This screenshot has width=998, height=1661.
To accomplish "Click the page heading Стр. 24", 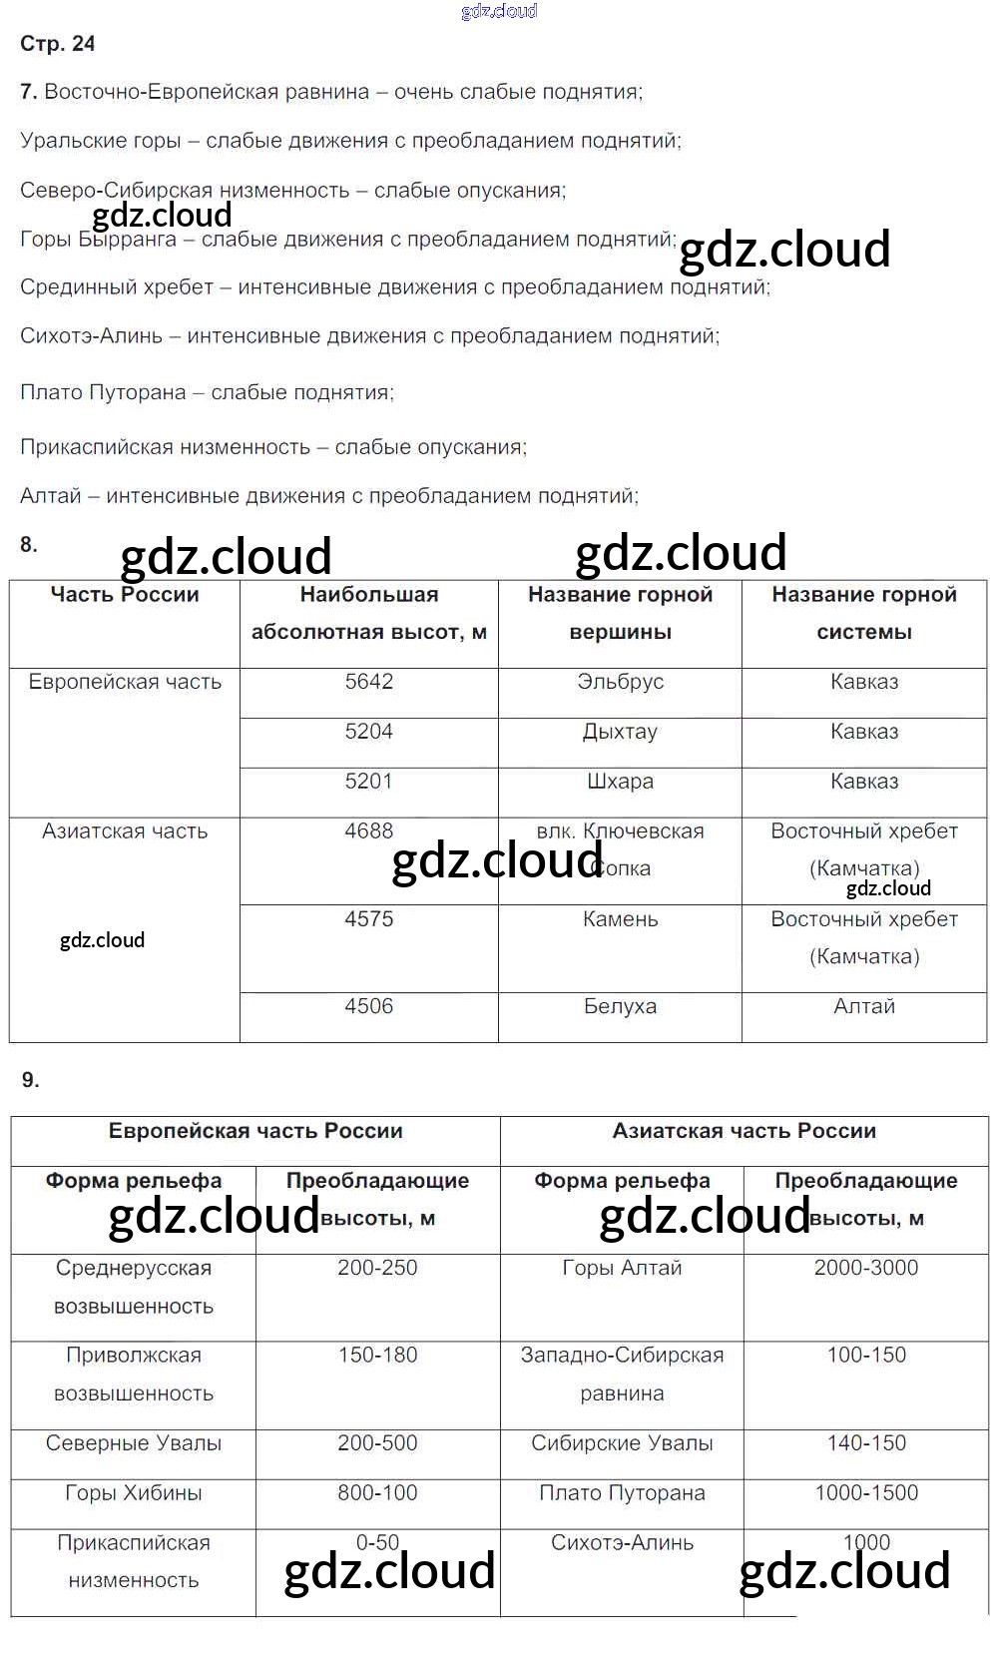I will (58, 43).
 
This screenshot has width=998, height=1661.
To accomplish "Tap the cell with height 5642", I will (369, 682).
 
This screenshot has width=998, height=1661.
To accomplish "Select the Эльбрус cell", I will (620, 682).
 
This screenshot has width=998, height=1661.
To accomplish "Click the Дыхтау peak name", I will (620, 732).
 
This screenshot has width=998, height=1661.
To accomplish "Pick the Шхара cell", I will (620, 782).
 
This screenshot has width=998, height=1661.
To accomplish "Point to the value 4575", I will (369, 919).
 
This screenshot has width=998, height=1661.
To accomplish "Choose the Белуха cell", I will (620, 1006).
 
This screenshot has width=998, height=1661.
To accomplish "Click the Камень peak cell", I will (620, 919).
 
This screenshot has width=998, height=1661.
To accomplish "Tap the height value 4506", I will (369, 1006).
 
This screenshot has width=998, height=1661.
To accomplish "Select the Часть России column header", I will (125, 595).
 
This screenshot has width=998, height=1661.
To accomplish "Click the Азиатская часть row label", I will (125, 831).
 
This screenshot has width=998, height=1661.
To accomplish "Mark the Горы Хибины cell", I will (134, 1493).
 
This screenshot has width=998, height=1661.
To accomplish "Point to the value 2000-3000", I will (866, 1268).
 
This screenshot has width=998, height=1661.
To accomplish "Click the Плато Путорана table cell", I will (622, 1493).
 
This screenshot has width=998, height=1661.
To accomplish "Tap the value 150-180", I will (377, 1356).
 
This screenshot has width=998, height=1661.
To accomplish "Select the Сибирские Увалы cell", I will (622, 1443).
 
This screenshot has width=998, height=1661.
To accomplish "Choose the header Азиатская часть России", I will (745, 1131).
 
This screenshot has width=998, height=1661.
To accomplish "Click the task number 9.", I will (31, 1080).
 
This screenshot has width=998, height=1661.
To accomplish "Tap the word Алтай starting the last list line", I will (51, 496).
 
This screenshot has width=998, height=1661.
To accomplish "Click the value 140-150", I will (866, 1443).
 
